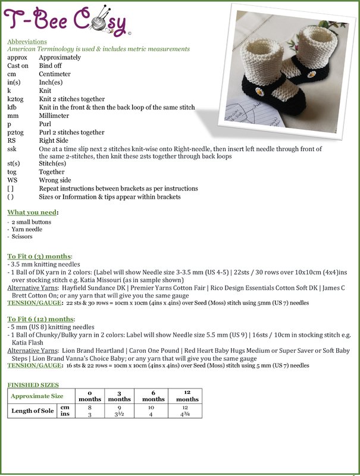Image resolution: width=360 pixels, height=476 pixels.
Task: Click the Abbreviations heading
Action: pos(27,42)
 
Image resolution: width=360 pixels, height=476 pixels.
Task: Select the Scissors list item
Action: pos(22,237)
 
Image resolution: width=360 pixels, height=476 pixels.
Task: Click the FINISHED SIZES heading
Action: pos(33,385)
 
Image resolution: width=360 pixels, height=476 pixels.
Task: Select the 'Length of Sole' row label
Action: pos(33,411)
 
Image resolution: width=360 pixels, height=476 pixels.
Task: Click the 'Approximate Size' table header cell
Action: pos(37,396)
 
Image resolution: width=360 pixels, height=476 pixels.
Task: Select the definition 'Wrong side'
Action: pos(55,180)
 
